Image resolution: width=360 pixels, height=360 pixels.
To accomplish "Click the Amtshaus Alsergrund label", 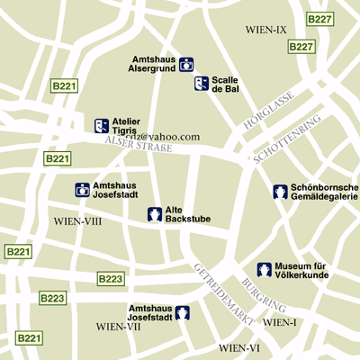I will coord(151,63).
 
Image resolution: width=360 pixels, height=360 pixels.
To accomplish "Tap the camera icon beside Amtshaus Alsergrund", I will coord(186,64).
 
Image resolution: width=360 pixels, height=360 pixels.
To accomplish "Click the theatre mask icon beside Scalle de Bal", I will coord(202,84).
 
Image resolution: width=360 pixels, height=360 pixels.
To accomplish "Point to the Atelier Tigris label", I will coord(126,125).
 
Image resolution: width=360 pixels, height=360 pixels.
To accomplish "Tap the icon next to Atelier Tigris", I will coord(102,126).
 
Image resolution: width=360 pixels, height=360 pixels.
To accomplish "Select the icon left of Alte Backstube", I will coord(155,214).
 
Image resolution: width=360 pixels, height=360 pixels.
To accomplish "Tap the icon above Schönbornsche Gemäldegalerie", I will coord(281,191).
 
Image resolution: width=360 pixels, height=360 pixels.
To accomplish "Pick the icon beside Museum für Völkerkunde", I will coord(265,269).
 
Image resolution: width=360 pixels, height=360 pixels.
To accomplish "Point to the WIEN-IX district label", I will coord(266,30).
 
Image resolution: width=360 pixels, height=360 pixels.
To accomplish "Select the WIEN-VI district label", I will coord(239,347).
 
